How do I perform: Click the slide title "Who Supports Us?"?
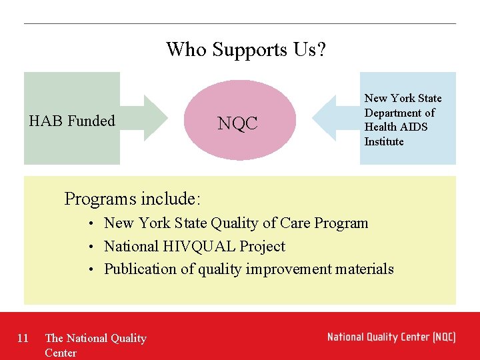pos(245,49)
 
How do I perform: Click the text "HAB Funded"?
pos(72,121)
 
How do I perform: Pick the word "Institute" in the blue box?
pos(384,141)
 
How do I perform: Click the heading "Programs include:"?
pos(133,199)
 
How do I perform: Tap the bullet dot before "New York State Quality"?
pos(96,223)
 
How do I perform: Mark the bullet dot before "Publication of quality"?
pos(96,269)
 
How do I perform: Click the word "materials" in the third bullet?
pos(364,269)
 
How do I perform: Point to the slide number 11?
pos(23,338)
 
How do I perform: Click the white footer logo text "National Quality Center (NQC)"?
pos(391,337)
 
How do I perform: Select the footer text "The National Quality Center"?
pos(95,345)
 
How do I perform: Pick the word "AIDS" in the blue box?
pos(415,127)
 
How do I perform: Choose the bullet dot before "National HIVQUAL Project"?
pos(96,247)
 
